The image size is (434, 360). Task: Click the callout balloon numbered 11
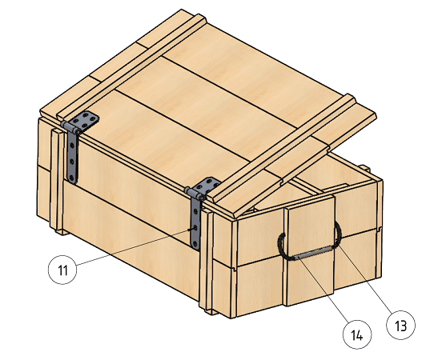pos(62,270)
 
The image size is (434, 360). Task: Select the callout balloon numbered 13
pos(400,325)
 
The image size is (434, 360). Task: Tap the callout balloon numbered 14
pos(357,334)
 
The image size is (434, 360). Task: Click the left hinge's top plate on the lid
pos(86,121)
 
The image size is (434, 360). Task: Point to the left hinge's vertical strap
pos(73,158)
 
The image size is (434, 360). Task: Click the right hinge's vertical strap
pos(195,224)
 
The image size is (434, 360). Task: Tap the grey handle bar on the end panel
pos(313,254)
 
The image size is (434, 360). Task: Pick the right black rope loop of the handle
pos(338,234)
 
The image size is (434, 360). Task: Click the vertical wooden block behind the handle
pos(309,250)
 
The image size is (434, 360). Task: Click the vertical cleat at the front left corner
pos(58,181)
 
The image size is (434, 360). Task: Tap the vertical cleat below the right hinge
pos(207,262)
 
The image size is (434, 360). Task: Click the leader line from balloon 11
pos(132,247)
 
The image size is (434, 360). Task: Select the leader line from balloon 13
pos(365,279)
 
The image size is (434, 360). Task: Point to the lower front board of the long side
pos(130,238)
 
